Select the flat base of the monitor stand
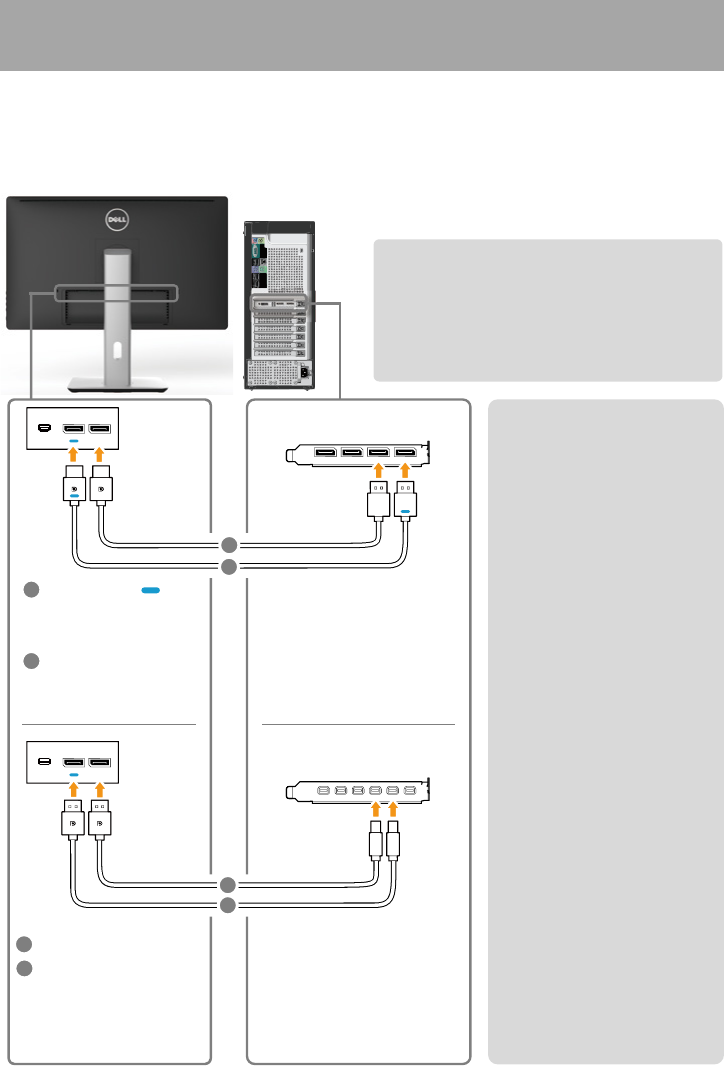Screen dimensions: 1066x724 (116, 383)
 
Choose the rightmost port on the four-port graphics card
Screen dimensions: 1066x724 (406, 457)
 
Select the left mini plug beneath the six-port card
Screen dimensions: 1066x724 (376, 843)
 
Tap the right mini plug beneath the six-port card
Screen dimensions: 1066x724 (393, 843)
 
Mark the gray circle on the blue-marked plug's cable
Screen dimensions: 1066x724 (229, 568)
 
